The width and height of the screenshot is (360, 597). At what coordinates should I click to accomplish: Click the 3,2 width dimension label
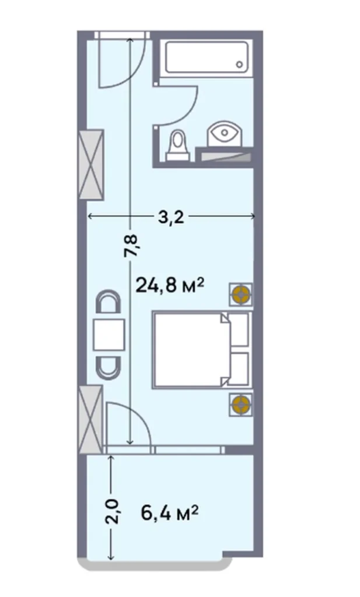(171, 217)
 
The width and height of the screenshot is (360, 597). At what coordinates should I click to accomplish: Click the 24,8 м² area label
(170, 285)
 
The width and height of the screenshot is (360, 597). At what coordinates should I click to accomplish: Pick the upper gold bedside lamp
(240, 294)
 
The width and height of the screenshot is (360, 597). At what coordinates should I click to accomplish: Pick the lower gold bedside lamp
(240, 404)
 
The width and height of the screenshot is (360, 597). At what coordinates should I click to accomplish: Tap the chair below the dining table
(109, 366)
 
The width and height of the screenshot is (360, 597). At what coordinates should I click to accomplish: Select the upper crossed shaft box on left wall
(92, 164)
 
